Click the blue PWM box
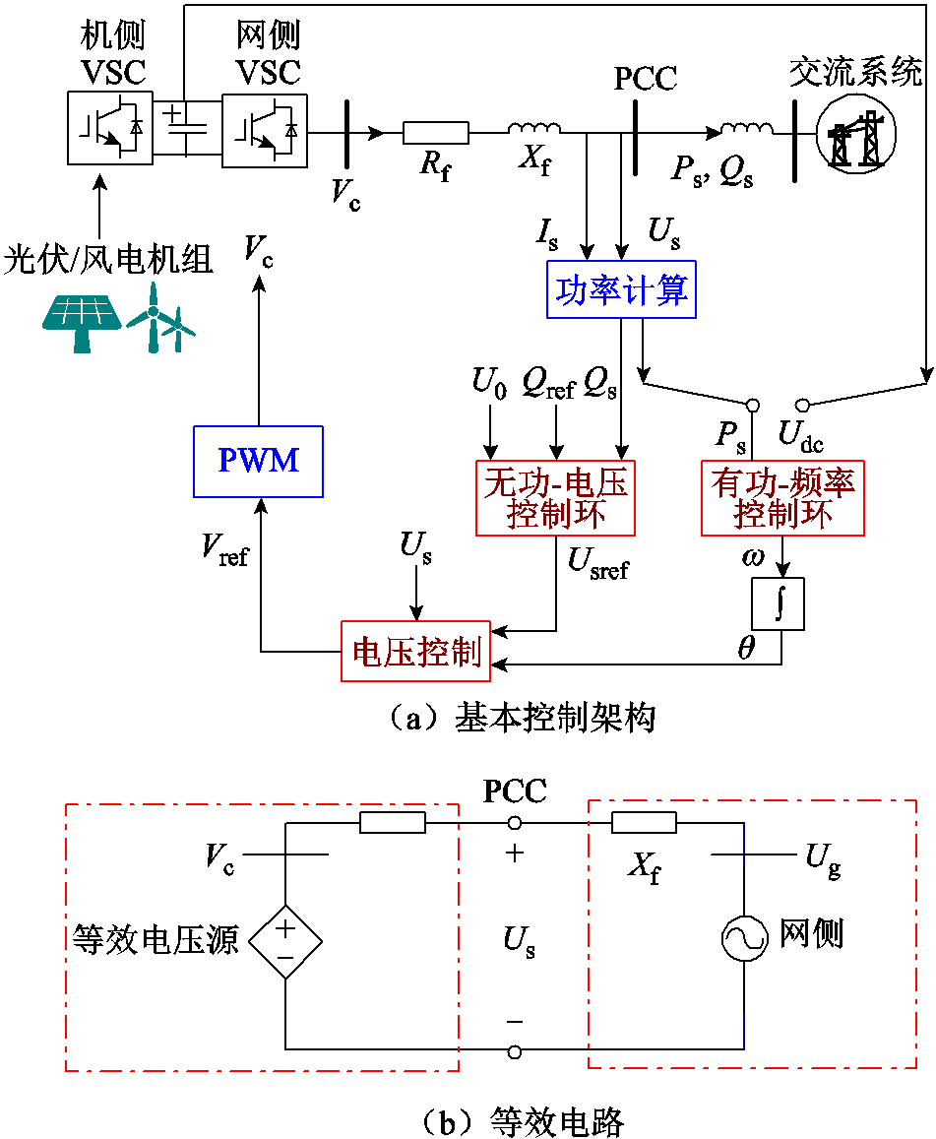coord(259,461)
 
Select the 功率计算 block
coord(621,289)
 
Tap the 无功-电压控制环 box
coord(555,497)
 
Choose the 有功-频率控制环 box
coord(782,497)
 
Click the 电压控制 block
coord(417,651)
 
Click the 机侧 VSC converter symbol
coord(108,127)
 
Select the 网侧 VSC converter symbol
coord(265,127)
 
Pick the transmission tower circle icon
coord(853,130)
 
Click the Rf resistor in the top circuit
coord(436,132)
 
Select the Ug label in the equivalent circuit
coord(823,859)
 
